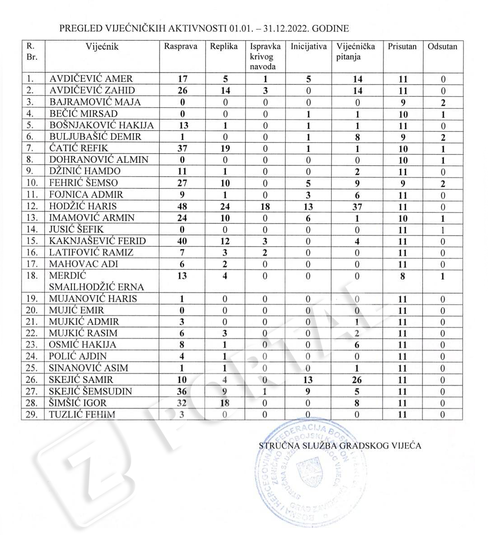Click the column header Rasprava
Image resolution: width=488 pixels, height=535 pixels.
pos(181,47)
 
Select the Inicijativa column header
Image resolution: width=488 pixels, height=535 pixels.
pos(309,47)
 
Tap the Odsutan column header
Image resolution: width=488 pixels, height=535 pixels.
pos(442,47)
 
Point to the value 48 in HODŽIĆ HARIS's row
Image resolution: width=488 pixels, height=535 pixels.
pos(182,206)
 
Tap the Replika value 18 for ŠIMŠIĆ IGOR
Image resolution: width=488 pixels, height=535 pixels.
pos(225,403)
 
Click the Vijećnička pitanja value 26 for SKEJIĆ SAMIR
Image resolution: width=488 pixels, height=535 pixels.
pos(357,380)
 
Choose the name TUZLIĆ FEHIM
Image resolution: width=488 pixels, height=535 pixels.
pos(82,414)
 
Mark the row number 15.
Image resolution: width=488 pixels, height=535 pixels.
pos(32,241)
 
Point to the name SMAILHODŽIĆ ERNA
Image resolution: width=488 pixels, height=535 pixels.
pos(97,287)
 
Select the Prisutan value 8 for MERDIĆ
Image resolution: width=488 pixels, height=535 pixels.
pos(403,276)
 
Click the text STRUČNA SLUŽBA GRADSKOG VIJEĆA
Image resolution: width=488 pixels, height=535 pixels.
pos(340,446)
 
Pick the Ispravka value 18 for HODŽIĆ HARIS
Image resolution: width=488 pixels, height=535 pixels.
pos(265,206)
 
